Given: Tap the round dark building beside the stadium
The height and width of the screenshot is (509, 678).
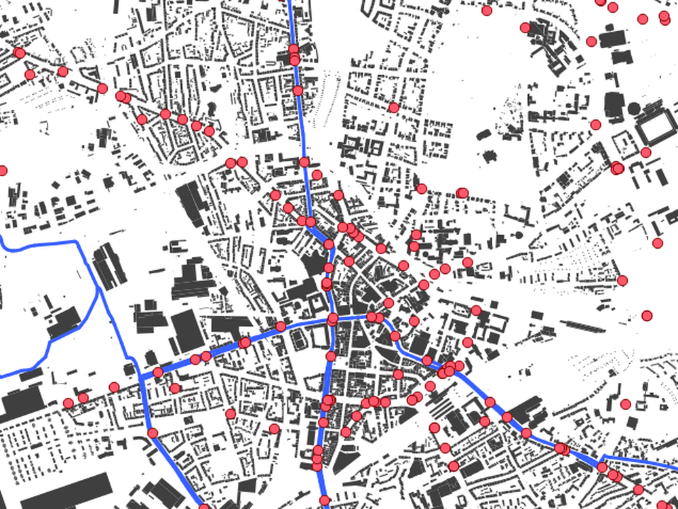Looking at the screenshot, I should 634,108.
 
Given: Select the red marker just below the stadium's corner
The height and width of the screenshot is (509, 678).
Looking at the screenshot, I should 645,152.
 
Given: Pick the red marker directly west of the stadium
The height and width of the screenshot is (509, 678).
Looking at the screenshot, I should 595,125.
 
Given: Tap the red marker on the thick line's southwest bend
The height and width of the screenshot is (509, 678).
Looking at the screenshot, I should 153,432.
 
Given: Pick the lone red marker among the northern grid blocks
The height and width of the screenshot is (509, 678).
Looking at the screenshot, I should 393,107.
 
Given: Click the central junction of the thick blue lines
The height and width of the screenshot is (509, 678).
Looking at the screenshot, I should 332,318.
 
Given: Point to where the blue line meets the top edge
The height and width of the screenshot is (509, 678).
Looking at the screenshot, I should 290,2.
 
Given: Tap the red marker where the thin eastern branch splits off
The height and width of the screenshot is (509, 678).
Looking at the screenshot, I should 602,467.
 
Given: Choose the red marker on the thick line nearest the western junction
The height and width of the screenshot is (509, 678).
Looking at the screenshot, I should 158,372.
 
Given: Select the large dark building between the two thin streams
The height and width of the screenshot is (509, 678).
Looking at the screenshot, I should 65,323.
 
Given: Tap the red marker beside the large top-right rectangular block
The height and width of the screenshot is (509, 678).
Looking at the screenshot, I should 591,41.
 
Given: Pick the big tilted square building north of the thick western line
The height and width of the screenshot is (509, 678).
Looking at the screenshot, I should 187,330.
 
